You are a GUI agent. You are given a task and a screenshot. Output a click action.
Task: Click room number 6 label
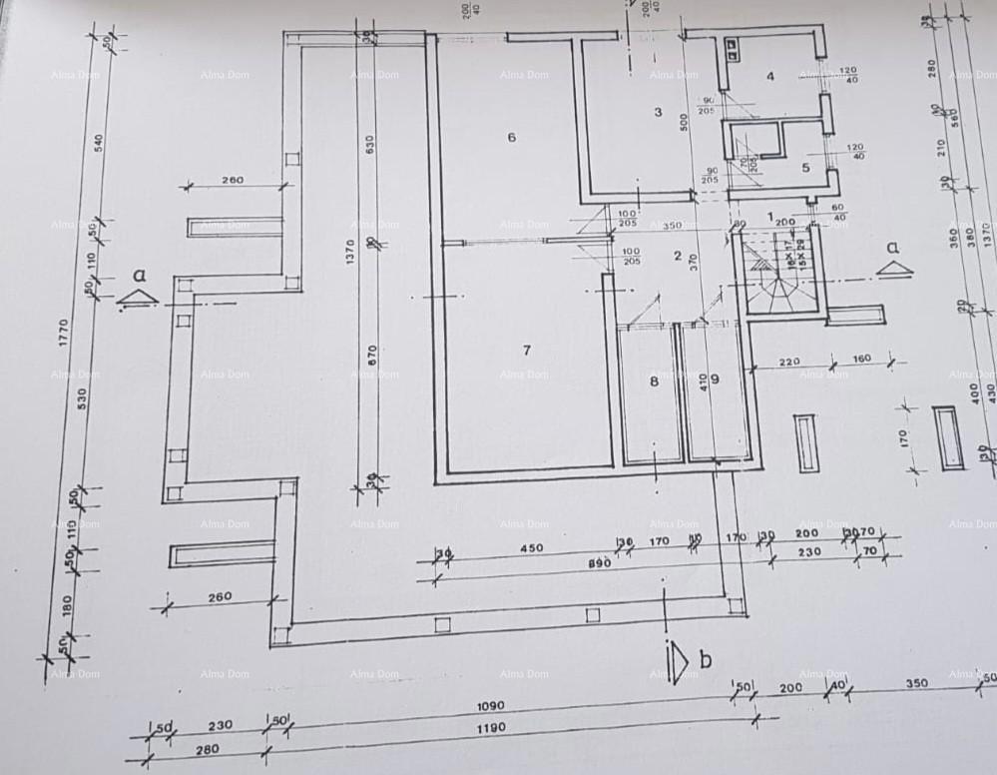[x=512, y=138]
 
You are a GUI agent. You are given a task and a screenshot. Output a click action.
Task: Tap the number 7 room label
[x=526, y=349]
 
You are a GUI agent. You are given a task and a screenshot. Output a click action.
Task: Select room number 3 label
[x=658, y=112]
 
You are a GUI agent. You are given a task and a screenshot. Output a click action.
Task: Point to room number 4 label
[x=770, y=76]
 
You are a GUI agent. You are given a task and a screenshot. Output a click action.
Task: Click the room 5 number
[x=805, y=167]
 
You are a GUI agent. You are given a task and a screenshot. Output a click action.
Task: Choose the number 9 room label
[x=716, y=378]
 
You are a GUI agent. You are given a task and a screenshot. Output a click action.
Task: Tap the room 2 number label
[x=678, y=257]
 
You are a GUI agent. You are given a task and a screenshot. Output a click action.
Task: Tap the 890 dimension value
[x=598, y=564]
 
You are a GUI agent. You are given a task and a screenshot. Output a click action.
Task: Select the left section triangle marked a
[x=137, y=297]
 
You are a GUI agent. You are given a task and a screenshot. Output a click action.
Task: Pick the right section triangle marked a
[x=894, y=269]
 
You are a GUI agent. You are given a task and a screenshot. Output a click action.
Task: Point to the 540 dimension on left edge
[x=98, y=143]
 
